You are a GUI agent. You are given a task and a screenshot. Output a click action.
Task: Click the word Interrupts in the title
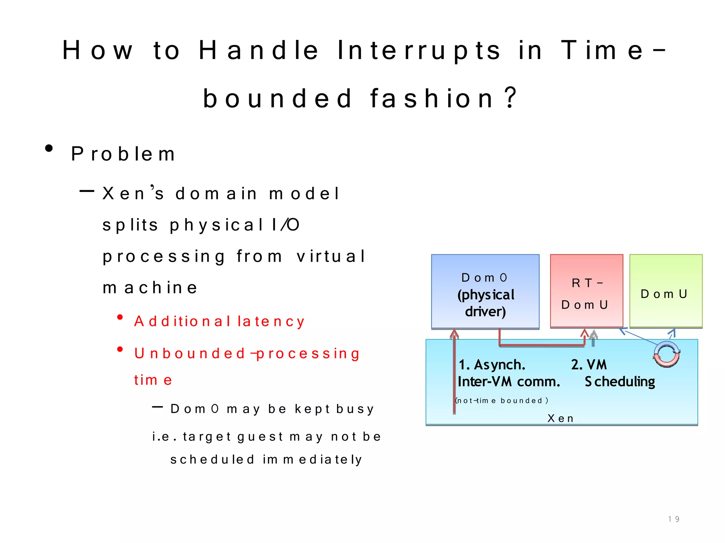(419, 51)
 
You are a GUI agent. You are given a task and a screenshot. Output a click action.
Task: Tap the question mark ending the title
(511, 98)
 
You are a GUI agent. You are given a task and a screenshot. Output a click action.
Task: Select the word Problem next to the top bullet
(123, 154)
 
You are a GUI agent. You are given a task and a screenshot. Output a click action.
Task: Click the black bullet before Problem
(49, 148)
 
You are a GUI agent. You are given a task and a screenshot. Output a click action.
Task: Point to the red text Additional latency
(219, 321)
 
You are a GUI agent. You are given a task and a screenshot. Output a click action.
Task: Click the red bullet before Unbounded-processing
(120, 349)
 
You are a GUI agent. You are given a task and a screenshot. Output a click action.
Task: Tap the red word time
(153, 380)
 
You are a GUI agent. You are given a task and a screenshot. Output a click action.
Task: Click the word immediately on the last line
(312, 460)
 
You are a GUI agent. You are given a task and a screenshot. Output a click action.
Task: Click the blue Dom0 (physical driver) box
(485, 292)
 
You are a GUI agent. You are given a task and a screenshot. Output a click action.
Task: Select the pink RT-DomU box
(586, 291)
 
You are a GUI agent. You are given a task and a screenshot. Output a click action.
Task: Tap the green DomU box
(666, 291)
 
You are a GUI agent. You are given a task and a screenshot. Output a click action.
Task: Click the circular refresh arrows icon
(666, 354)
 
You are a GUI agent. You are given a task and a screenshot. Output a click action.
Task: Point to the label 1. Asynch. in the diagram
(492, 365)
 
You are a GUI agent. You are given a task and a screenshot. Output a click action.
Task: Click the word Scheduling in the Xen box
(620, 382)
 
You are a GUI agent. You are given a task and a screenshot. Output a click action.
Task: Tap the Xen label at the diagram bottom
(560, 419)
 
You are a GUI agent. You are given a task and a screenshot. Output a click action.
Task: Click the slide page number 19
(673, 519)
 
